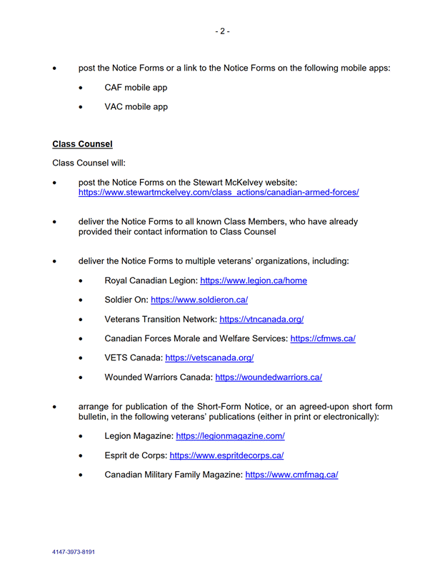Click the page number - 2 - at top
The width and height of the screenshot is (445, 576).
coord(222,31)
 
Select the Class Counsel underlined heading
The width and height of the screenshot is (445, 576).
coord(82,144)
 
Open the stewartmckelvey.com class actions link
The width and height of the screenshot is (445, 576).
coord(218,193)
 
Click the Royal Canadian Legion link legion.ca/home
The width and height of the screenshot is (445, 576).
coord(253,281)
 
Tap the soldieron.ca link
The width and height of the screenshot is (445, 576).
coord(199,300)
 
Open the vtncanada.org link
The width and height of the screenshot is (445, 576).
coord(261,319)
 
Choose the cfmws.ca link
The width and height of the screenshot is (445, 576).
coord(322,338)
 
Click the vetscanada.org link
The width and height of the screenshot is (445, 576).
coord(209,358)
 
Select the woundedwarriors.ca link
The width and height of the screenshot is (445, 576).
coord(268,377)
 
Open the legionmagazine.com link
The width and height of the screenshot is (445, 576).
coord(230,435)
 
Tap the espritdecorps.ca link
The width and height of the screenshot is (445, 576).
coord(226,455)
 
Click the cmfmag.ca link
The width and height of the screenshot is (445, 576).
coord(291,474)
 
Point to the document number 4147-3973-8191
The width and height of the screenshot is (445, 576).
coord(74,552)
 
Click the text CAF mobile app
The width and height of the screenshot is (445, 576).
coord(136,88)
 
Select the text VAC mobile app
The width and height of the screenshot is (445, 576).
coord(136,107)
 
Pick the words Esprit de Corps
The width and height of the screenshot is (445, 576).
coord(134,455)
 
